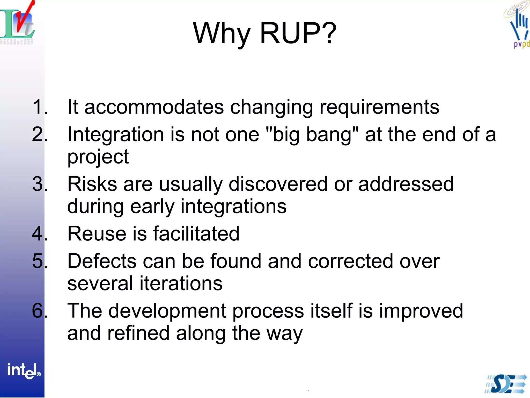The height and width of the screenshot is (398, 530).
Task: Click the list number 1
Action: pyautogui.click(x=40, y=107)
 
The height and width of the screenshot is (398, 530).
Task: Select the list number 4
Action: pyautogui.click(x=39, y=233)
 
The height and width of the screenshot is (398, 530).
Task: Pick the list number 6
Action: pyautogui.click(x=39, y=311)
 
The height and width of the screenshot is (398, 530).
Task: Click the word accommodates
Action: pyautogui.click(x=154, y=107)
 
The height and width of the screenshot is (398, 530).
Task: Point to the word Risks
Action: pyautogui.click(x=92, y=184)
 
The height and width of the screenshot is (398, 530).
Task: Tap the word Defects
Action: pyautogui.click(x=102, y=261)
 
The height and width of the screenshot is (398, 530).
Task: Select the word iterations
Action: pyautogui.click(x=181, y=283)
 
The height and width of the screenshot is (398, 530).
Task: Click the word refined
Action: pyautogui.click(x=138, y=333)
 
